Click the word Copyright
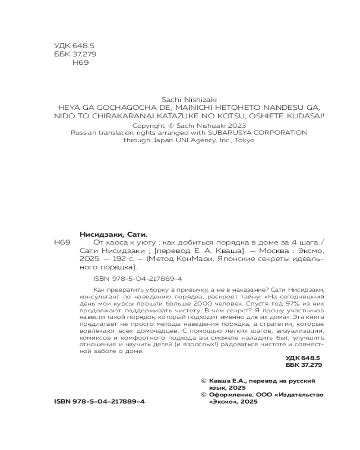(x=147, y=125)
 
